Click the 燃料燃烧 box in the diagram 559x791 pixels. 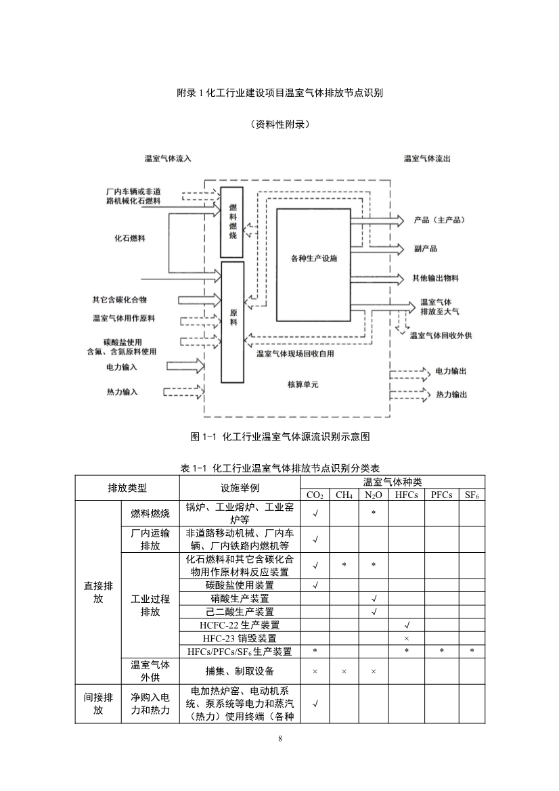232,221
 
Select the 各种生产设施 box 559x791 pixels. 313,259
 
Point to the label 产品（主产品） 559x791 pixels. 439,221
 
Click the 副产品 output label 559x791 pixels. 425,248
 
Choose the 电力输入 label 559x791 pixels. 122,367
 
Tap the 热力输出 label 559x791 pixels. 451,394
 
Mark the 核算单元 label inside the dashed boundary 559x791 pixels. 303,384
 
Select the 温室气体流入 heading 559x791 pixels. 168,158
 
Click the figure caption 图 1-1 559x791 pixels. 280,436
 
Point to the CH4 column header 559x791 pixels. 344,495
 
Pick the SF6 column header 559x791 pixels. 472,495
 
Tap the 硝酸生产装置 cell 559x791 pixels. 240,599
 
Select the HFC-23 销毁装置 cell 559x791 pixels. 240,638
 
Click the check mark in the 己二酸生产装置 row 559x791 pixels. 374,612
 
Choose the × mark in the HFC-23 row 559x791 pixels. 406,638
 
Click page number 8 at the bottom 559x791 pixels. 279,738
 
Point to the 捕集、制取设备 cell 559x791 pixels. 240,671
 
